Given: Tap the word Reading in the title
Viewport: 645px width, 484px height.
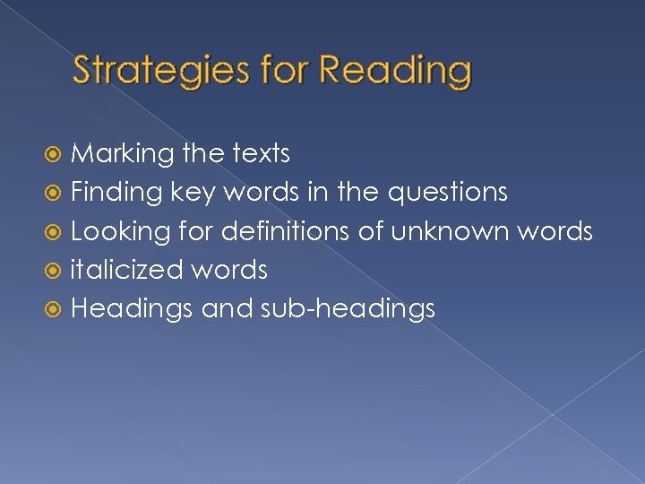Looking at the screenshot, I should coord(394,71).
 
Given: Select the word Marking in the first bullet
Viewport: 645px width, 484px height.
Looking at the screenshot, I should coord(122,155).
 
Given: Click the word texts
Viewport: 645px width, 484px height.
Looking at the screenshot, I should coord(259,154).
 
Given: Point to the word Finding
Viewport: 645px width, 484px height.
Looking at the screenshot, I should coord(116,193).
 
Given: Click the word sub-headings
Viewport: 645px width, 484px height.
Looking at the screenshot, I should coord(348,309).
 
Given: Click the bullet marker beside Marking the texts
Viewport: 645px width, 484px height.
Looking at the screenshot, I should coord(57,155).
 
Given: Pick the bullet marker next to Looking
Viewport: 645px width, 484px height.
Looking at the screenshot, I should coord(57,232).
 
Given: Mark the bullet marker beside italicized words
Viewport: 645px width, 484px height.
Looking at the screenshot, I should coord(57,271).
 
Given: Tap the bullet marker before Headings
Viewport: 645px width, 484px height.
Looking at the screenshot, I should coord(57,309).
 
